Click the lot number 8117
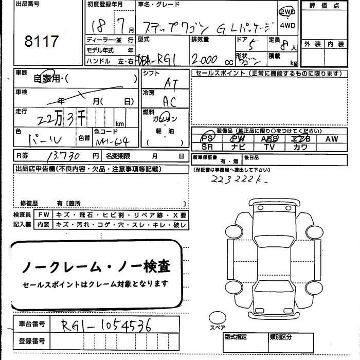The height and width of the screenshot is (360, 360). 42,42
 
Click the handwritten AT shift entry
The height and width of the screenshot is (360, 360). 170,82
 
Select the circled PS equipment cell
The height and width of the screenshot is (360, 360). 207,138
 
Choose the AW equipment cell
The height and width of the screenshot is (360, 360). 332,138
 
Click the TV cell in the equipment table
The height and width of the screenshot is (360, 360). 269,147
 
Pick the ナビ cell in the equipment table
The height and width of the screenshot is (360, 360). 238,147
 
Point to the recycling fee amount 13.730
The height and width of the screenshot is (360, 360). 63,155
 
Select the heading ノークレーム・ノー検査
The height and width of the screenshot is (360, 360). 96,267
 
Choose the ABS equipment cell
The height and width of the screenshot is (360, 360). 269,138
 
